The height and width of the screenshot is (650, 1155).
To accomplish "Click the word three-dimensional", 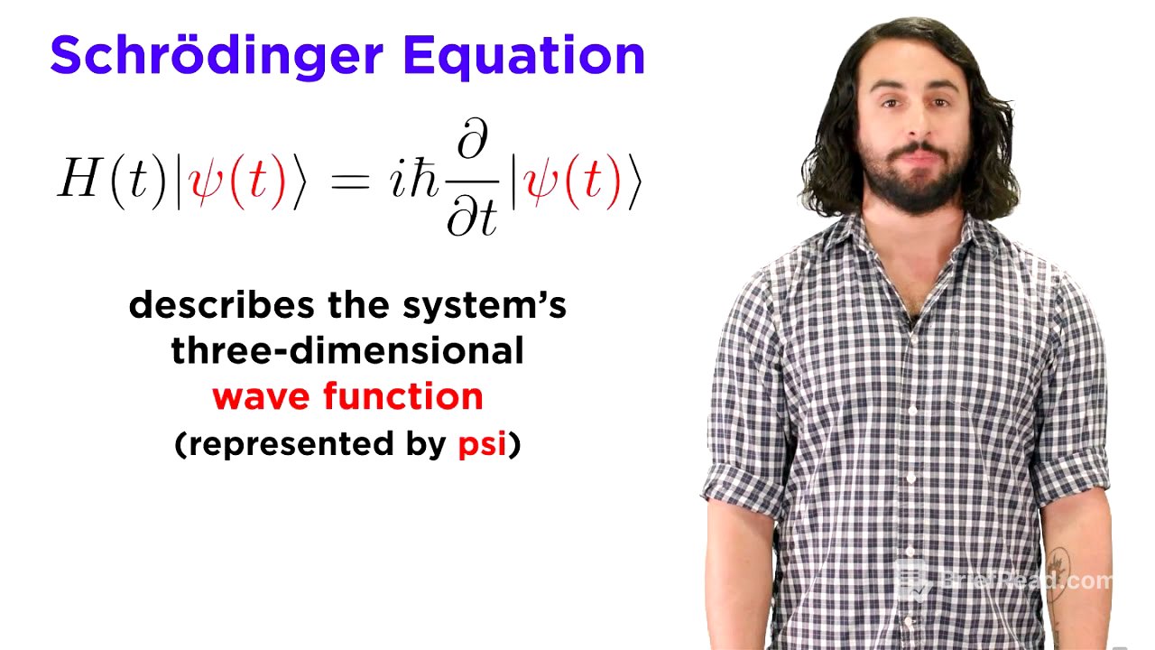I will (x=347, y=350).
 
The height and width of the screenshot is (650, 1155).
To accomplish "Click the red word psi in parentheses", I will (x=482, y=444).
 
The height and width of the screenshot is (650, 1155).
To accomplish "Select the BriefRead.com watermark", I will (x=1006, y=580).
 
